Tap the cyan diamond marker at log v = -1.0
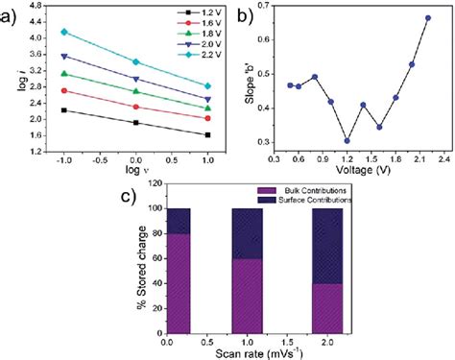point(64,32)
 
